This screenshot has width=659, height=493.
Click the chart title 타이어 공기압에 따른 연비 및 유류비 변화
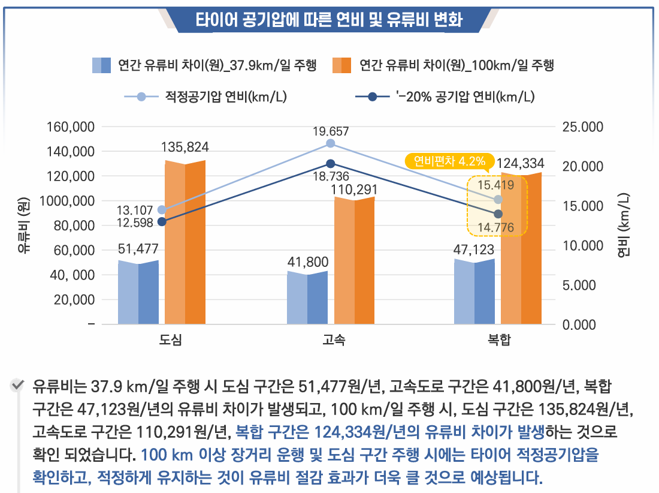coord(329,20)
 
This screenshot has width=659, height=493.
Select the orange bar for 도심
coord(185,242)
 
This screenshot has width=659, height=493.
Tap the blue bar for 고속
coord(307,297)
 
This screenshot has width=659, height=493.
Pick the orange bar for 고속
coord(354,260)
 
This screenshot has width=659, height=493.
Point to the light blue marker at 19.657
coord(331,143)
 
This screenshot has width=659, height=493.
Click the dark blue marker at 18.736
coord(331,164)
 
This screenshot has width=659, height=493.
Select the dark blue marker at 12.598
coord(162,222)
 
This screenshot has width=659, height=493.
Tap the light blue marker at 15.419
coord(498,200)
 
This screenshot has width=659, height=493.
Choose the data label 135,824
coord(185,147)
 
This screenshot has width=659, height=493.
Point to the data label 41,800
coord(307,261)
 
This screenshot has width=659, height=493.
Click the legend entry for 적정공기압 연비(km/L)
coord(207,97)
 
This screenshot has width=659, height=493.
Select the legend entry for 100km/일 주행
coord(443,65)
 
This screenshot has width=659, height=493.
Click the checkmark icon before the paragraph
coord(19,384)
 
